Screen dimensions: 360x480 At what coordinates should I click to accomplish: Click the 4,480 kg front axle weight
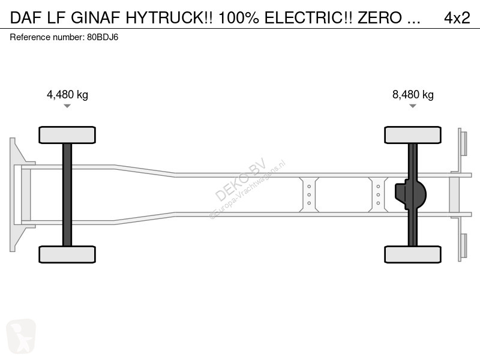67,94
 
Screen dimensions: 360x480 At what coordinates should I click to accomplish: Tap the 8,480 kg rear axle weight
413,94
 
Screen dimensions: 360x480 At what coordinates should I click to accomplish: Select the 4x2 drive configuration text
457,18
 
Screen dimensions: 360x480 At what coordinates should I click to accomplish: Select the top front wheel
67,135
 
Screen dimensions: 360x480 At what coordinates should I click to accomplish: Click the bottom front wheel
67,254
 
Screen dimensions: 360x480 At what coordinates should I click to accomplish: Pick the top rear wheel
413,135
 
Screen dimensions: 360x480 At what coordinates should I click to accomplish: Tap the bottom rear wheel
413,254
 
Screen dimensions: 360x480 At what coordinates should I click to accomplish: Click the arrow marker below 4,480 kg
67,106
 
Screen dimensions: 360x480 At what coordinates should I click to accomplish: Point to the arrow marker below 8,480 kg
413,106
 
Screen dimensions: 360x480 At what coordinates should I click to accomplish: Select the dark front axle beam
67,194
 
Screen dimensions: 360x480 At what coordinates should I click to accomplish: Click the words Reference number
46,37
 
